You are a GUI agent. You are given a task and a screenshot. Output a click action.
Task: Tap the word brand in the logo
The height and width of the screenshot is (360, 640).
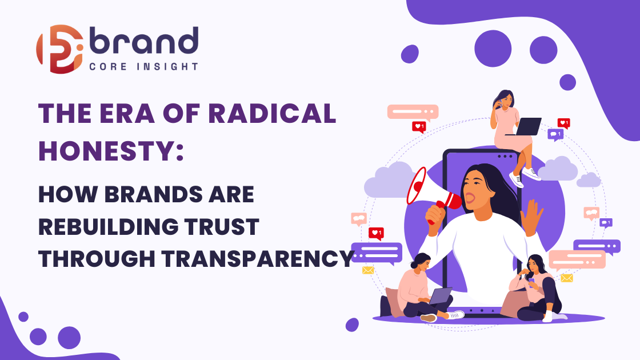click(x=143, y=41)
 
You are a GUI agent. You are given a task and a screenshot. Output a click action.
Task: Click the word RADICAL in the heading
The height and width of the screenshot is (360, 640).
click(x=272, y=113)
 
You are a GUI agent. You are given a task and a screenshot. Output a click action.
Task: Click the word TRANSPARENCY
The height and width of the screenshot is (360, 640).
click(x=258, y=259)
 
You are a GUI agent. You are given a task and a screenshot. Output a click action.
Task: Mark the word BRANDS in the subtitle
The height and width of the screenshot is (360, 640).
click(x=154, y=194)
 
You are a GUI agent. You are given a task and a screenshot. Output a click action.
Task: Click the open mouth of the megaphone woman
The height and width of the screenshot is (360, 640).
click(x=470, y=198)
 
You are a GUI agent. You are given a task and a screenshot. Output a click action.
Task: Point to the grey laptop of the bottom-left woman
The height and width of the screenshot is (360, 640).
click(x=440, y=296)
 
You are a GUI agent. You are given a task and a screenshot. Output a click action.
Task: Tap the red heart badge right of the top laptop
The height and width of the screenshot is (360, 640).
click(x=563, y=123)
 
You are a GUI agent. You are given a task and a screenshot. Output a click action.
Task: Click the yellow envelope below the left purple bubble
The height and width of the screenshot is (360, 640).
click(x=368, y=270)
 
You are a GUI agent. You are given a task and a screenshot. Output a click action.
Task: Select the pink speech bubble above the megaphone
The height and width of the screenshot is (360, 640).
click(x=413, y=112)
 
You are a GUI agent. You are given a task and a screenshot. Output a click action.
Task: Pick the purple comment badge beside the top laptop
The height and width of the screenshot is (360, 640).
click(x=555, y=135)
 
